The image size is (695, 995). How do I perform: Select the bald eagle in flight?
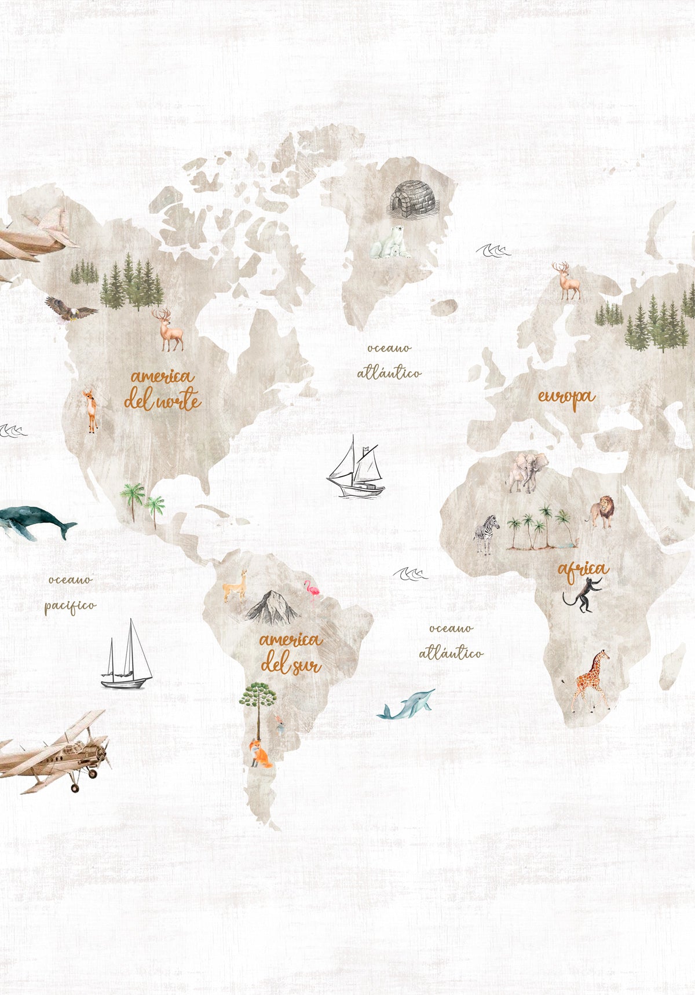pos(71,309)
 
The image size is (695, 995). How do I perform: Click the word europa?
pos(566,398)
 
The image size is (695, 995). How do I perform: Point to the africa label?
pos(583,570)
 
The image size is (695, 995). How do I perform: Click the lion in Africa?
pos(603,511)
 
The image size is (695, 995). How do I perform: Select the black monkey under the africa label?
pos(584,595)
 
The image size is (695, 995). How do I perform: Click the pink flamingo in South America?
pos(313,591)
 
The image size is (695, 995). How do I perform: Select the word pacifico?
pos(70,606)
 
